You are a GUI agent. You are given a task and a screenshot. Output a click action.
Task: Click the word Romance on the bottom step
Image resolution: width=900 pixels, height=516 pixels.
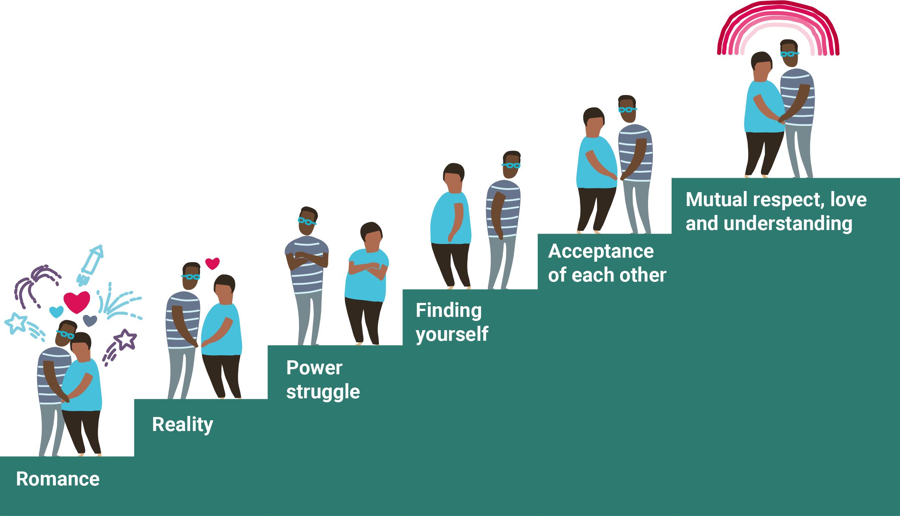coord(58,479)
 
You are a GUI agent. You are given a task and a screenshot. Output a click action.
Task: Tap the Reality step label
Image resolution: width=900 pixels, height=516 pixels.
coord(182,424)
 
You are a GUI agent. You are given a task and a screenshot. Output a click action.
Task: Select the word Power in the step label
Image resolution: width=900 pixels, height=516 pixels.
coord(314,368)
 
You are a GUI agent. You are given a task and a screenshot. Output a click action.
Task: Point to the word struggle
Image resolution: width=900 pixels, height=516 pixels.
coord(323,392)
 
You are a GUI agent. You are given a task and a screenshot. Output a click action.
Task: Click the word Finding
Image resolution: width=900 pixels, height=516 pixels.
coord(448,310)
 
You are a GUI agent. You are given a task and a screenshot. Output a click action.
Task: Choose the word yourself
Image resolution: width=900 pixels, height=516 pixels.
coord(452,334)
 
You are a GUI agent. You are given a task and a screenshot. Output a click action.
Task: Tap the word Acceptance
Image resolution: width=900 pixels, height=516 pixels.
coord(601,251)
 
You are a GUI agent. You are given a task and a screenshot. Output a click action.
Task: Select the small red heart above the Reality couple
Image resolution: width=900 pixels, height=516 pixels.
coord(212,263)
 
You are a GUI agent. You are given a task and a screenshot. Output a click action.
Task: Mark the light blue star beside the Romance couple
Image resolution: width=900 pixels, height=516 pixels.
coord(16,323)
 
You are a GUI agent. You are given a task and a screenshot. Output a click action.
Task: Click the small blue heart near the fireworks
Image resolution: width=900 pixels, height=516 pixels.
coord(56,312)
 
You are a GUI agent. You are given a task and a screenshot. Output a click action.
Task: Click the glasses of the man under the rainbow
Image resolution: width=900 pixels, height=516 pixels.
coord(789,54)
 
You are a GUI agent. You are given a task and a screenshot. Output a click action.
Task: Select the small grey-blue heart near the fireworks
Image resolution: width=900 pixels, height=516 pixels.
coord(90,320)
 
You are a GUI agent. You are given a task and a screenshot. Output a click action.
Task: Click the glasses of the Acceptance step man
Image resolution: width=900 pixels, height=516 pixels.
coord(627,109)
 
